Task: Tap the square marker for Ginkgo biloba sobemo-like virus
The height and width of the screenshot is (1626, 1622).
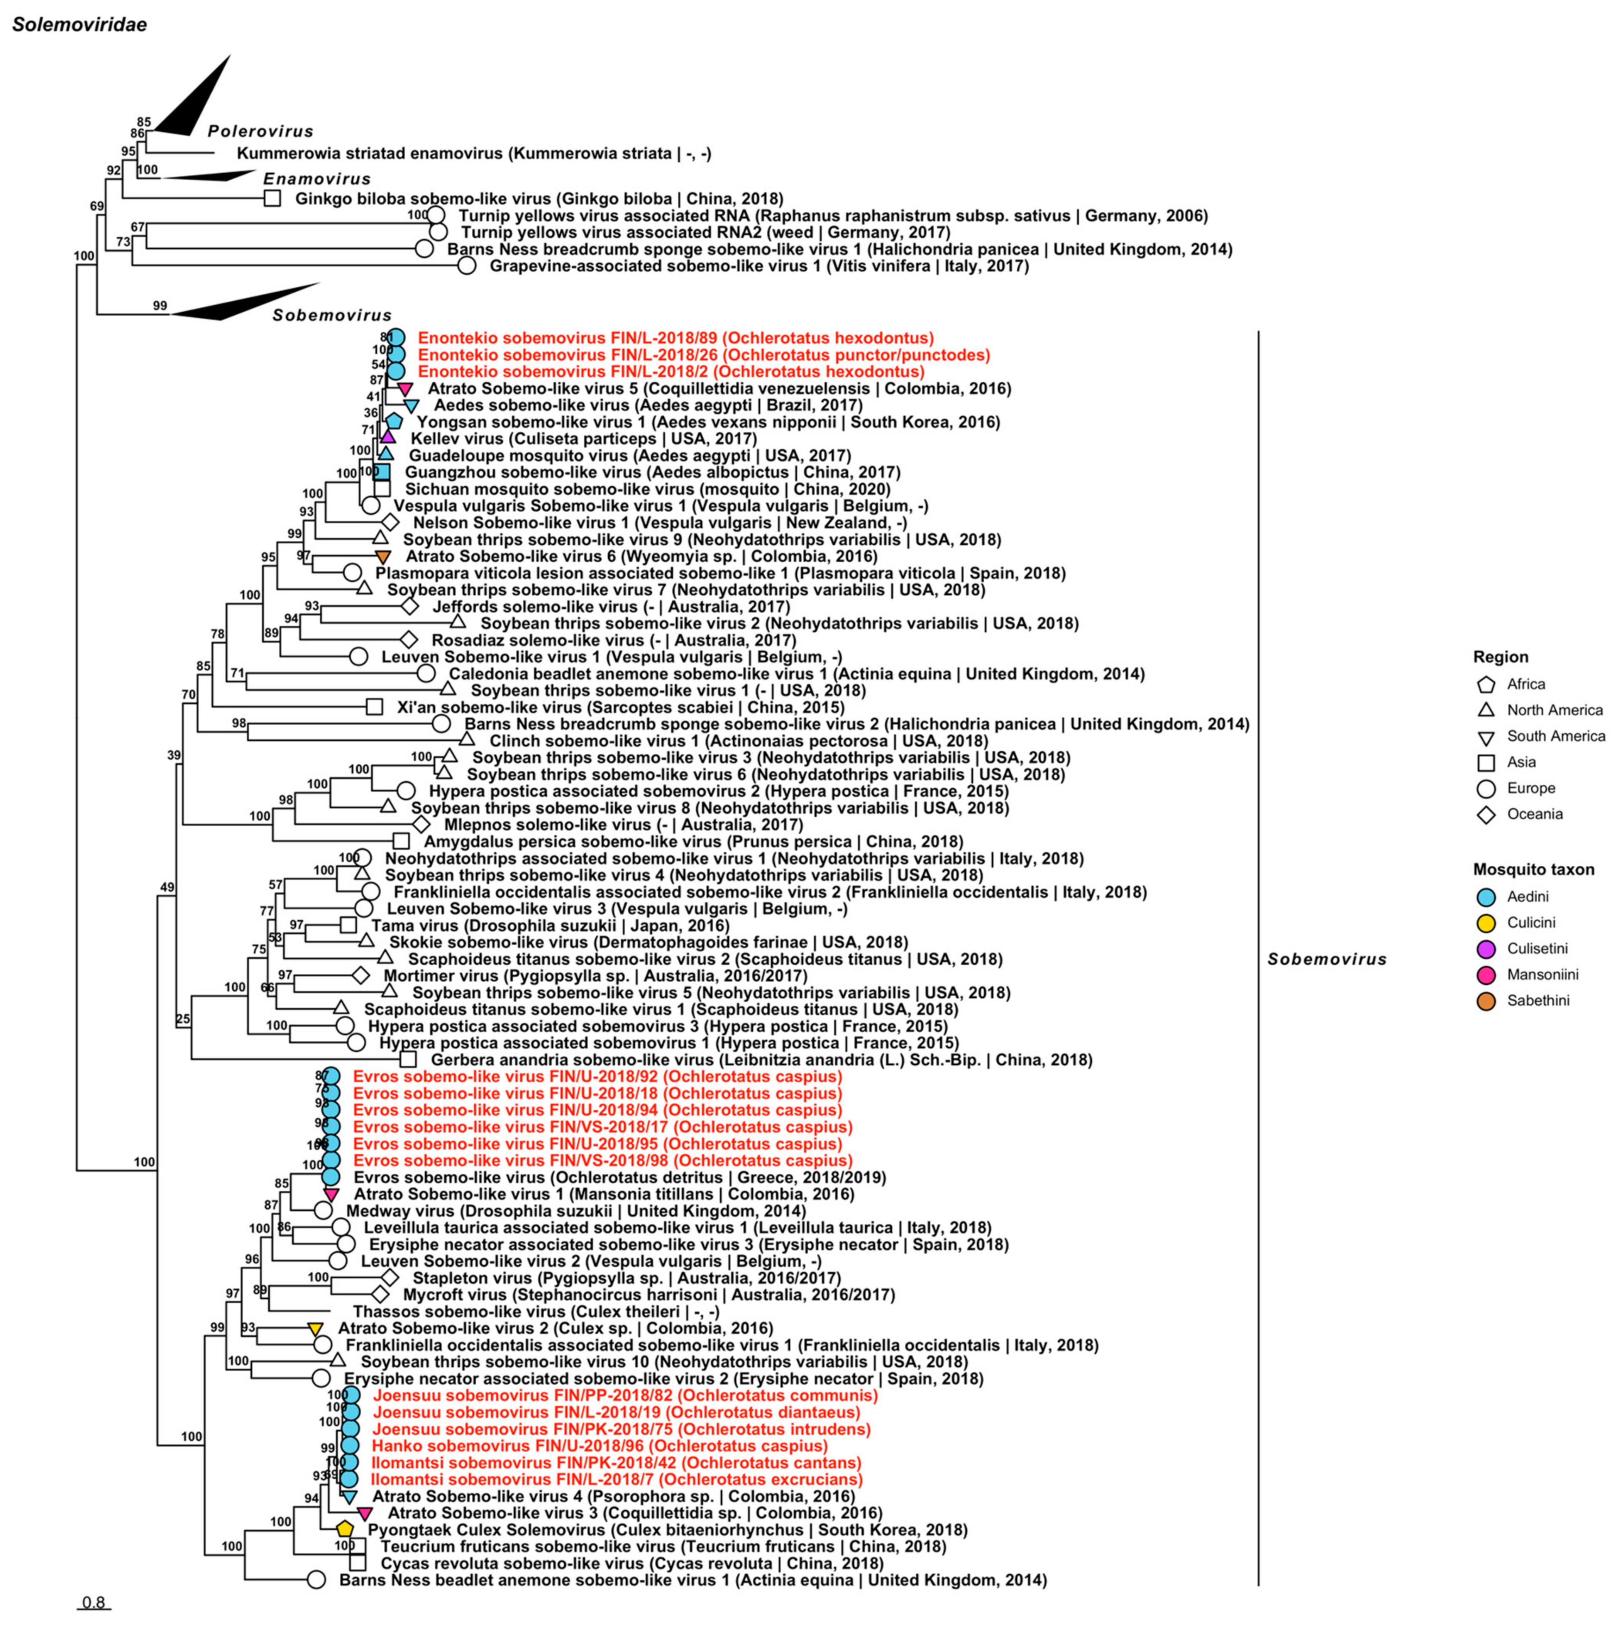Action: tap(272, 199)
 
